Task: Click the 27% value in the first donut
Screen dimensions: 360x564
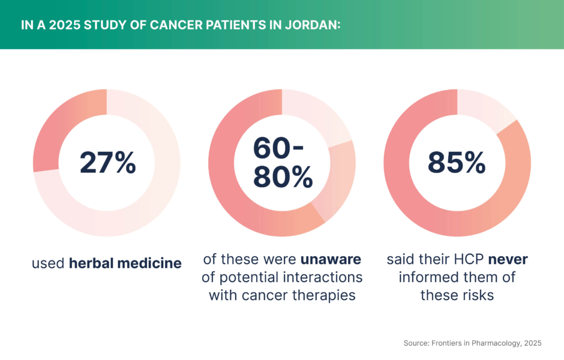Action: [107, 163]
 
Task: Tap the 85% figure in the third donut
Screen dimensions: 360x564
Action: [457, 162]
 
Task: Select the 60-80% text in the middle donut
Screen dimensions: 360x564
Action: [282, 162]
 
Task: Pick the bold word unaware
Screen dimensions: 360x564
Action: [331, 260]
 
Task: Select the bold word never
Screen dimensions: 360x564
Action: [508, 260]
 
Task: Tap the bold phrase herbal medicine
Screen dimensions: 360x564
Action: [125, 263]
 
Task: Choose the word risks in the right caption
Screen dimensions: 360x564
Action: [477, 295]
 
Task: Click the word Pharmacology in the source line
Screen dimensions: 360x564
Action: [491, 343]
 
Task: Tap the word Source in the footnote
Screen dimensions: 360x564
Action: [417, 343]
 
